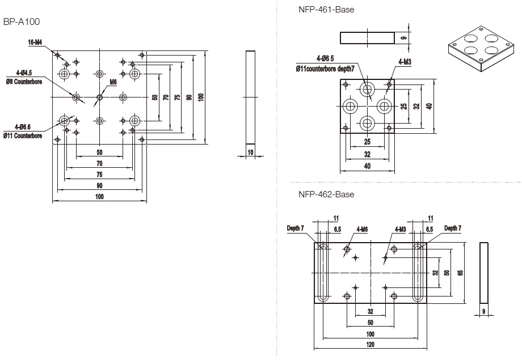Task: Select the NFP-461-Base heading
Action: click(326, 10)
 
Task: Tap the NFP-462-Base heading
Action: click(326, 194)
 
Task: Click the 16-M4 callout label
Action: click(35, 42)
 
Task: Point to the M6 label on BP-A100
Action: click(113, 82)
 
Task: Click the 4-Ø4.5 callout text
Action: click(24, 72)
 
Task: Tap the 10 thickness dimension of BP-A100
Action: click(250, 151)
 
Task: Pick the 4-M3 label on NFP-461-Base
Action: click(405, 61)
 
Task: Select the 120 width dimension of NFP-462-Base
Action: click(369, 344)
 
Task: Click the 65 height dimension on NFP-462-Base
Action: click(460, 272)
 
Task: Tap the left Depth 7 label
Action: click(295, 228)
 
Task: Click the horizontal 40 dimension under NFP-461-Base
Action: click(367, 166)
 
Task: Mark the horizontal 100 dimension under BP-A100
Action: click(99, 197)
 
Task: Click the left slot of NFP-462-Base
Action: click(322, 273)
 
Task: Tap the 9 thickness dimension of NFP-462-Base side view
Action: click(483, 311)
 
